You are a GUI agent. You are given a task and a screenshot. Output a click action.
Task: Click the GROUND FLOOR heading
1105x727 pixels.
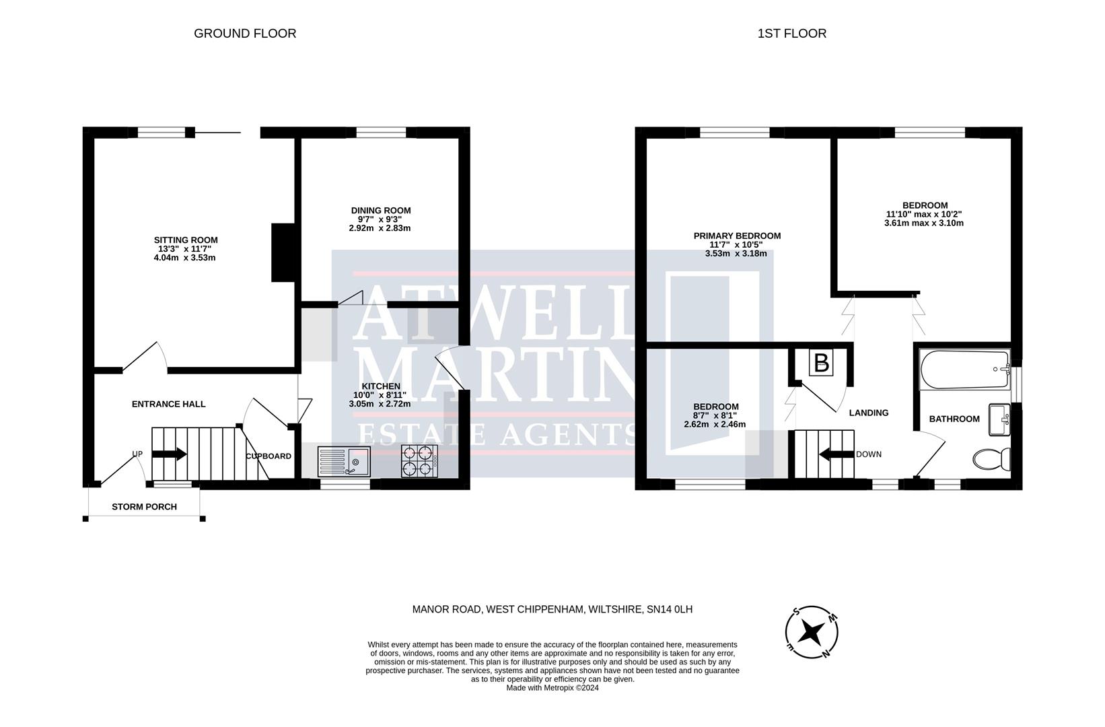pos(245,34)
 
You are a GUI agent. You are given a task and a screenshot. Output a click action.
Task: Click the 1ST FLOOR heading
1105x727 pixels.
pos(791,34)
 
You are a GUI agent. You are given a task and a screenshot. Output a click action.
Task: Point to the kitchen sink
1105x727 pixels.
pos(343,462)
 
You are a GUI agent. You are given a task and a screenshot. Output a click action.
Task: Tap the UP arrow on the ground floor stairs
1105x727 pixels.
pos(170,454)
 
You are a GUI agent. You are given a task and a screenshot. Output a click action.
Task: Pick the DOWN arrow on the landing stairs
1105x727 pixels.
pos(836,454)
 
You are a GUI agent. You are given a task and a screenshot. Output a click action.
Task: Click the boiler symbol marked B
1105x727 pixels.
pos(821,363)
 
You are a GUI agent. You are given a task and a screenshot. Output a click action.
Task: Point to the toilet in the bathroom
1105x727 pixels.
pos(992,460)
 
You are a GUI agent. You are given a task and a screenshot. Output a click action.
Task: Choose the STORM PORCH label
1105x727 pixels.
pos(144,507)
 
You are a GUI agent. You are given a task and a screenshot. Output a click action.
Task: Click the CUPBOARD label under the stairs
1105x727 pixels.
pos(269,456)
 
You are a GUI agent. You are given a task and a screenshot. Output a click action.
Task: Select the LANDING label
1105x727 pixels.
pos(868,413)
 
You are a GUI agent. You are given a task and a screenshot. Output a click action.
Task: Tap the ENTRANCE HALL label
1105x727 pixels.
pos(168,404)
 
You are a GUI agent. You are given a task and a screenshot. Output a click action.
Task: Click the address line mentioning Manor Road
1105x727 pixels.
pos(552,610)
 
